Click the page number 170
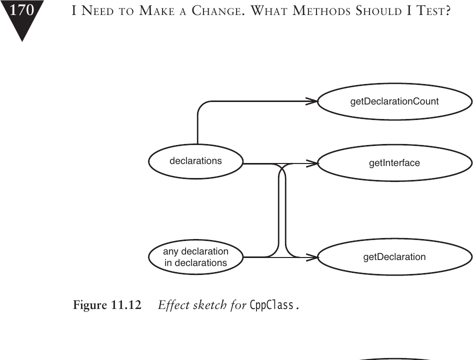click(x=21, y=10)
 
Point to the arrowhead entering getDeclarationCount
click(x=312, y=101)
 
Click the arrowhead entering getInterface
click(x=312, y=163)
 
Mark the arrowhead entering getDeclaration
click(x=312, y=257)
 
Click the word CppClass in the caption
click(x=272, y=305)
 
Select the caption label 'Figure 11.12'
click(x=107, y=305)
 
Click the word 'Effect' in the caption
click(x=173, y=305)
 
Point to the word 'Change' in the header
click(x=218, y=11)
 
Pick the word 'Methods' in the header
click(x=321, y=11)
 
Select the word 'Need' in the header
click(x=98, y=11)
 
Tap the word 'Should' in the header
click(x=378, y=11)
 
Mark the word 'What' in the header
click(x=269, y=11)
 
